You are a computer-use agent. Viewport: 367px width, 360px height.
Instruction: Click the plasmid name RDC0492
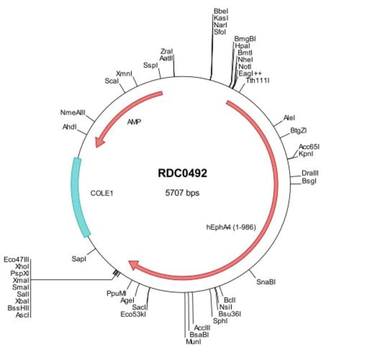click(182, 174)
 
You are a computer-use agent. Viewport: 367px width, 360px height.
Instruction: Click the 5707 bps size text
click(182, 192)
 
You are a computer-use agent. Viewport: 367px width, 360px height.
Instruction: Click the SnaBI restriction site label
click(266, 281)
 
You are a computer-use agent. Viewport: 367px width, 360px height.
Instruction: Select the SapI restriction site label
click(79, 258)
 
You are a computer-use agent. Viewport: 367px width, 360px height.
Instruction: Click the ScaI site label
click(111, 81)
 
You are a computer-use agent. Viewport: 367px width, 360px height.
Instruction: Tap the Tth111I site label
click(257, 80)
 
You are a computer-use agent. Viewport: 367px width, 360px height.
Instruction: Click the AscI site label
click(23, 314)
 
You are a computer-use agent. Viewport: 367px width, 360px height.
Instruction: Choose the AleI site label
click(289, 118)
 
